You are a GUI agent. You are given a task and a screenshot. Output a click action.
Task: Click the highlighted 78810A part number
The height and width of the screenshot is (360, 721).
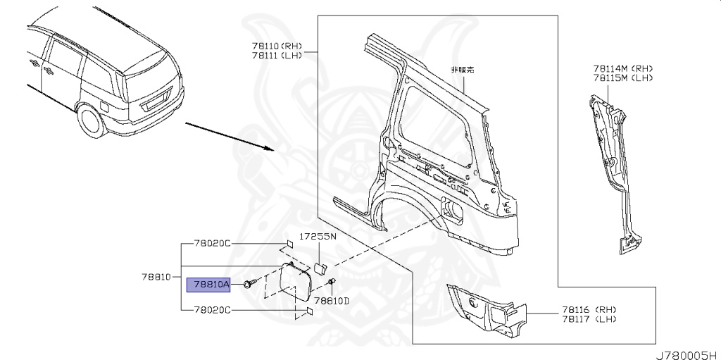[x=208, y=285]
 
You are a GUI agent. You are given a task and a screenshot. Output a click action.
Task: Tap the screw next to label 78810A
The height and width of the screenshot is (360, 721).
[x=249, y=285]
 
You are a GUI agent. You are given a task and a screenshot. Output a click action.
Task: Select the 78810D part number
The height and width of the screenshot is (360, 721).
[x=332, y=301]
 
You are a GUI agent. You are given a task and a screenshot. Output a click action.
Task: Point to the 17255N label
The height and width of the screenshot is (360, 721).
[x=318, y=237]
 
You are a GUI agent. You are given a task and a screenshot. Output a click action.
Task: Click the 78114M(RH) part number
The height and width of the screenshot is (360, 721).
[x=623, y=68]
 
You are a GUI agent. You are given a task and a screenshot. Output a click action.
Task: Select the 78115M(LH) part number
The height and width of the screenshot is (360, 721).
[x=623, y=78]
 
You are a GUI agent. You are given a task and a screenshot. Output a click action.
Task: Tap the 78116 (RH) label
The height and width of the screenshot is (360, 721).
[x=589, y=309]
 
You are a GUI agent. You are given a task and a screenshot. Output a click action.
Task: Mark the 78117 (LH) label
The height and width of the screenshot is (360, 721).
[x=589, y=319]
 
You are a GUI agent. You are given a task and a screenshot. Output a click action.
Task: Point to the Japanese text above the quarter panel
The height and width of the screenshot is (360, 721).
[x=463, y=70]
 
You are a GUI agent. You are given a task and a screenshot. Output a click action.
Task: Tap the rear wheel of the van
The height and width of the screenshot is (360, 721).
[x=91, y=120]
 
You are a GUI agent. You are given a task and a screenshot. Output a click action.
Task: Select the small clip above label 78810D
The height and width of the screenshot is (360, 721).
[x=331, y=283]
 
